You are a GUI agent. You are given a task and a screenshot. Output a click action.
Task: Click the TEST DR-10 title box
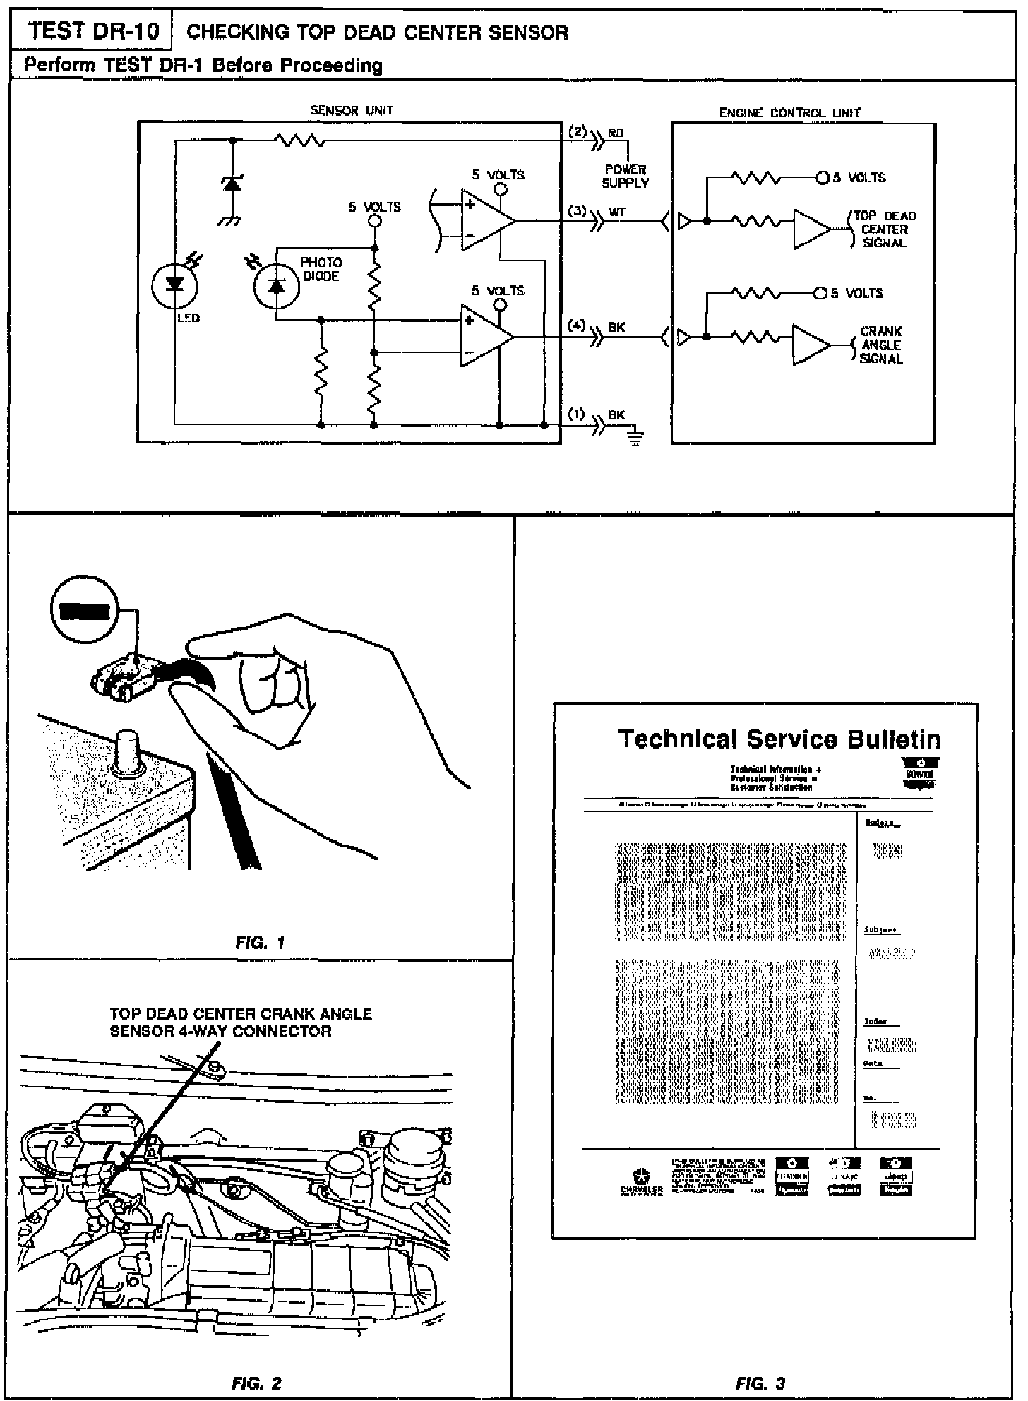pos(92,32)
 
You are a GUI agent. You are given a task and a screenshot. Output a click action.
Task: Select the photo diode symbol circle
pos(276,286)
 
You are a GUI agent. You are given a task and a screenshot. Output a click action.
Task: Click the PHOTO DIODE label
pos(321,269)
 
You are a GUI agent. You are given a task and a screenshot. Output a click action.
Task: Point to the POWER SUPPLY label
pos(625,176)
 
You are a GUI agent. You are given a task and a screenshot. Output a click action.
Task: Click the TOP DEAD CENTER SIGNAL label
pos(884,229)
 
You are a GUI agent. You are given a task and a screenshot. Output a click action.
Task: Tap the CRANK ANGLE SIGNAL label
pos(881,345)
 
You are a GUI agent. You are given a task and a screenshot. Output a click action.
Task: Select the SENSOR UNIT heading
pos(352,111)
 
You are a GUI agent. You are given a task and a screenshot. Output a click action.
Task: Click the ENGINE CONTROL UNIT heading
pos(789,113)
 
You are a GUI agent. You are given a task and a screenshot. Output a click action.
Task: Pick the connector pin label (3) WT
pos(597,212)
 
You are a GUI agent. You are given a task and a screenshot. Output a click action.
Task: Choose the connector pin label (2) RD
pos(597,133)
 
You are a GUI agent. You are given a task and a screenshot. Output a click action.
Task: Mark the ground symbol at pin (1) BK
pos(635,441)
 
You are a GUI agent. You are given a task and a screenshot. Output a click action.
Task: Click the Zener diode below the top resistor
pos(232,184)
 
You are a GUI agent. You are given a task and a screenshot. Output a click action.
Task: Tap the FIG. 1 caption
pos(261,943)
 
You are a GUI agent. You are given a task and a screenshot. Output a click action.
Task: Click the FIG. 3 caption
pos(760,1383)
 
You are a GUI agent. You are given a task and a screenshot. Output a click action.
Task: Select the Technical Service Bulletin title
pos(779,739)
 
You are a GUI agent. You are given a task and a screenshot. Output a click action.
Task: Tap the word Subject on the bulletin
pos(880,930)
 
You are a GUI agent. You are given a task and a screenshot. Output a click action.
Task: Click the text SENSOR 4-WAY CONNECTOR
pos(220,1032)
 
